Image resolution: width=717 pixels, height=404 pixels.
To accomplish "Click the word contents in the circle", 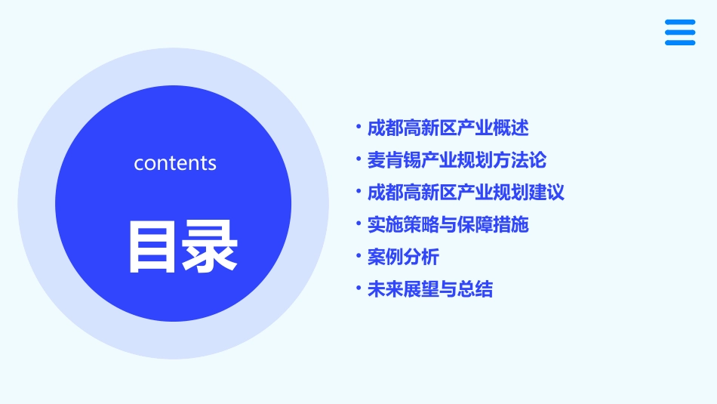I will [x=175, y=163].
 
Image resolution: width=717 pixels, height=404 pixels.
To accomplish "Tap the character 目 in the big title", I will [x=154, y=246].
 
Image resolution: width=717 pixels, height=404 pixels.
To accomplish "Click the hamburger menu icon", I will [x=679, y=32].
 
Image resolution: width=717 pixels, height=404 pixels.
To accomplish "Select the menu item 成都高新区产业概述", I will [x=448, y=128].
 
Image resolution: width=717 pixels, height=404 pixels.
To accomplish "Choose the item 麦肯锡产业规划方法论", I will [x=457, y=160].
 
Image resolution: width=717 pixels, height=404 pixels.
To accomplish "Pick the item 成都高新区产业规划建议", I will [x=466, y=192].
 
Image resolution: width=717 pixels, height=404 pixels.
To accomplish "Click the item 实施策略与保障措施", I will [x=448, y=224].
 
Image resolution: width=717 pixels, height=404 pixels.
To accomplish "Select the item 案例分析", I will [x=403, y=257].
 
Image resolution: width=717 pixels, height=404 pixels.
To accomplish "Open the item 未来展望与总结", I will [x=429, y=289].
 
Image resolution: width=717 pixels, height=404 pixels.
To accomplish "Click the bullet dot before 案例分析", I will [x=358, y=256].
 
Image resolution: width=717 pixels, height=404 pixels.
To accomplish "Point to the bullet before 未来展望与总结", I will [x=358, y=288].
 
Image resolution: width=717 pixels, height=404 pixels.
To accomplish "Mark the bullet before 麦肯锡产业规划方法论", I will [x=358, y=159].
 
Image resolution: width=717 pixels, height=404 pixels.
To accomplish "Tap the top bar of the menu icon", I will [x=679, y=22].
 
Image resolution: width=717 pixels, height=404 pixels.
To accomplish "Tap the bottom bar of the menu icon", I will [x=679, y=42].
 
